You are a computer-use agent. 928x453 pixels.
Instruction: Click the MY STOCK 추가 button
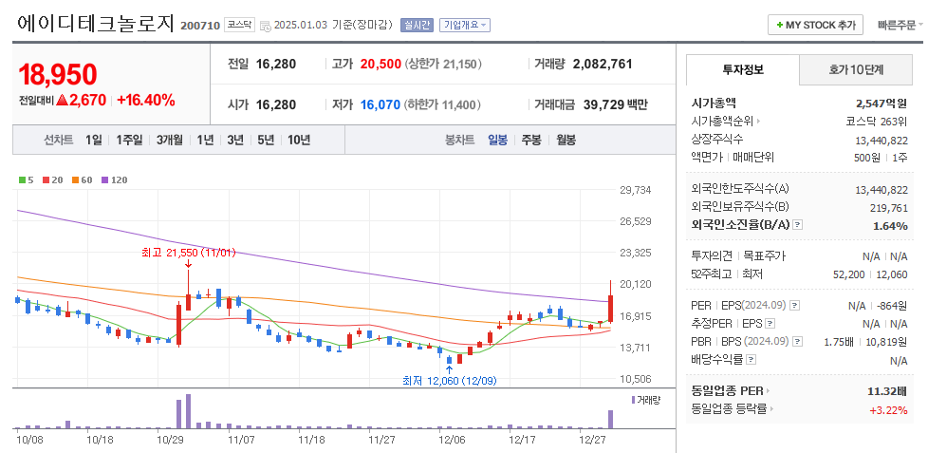click(x=815, y=25)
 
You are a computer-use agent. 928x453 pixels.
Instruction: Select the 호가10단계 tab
click(x=856, y=69)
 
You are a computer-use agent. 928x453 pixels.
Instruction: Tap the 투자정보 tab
click(x=742, y=69)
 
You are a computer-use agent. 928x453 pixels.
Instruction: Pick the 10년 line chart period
click(x=298, y=140)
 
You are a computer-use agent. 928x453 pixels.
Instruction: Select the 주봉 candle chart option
click(x=530, y=140)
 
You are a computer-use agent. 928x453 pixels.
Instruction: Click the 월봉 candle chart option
click(x=566, y=140)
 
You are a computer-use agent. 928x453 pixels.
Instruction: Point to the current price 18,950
click(x=58, y=75)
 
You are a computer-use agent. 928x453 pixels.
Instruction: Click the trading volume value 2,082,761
click(x=603, y=65)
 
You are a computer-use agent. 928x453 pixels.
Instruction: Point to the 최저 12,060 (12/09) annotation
click(x=449, y=380)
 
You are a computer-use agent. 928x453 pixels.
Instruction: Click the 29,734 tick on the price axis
click(x=635, y=190)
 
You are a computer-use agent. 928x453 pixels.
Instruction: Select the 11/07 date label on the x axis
click(x=241, y=440)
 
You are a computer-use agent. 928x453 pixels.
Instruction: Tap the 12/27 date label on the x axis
click(x=591, y=440)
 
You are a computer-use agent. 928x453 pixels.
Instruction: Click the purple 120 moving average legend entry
click(x=114, y=179)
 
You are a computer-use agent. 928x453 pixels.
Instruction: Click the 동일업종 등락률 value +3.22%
click(x=887, y=409)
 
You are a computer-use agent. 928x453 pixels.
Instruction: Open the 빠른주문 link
click(x=897, y=25)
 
